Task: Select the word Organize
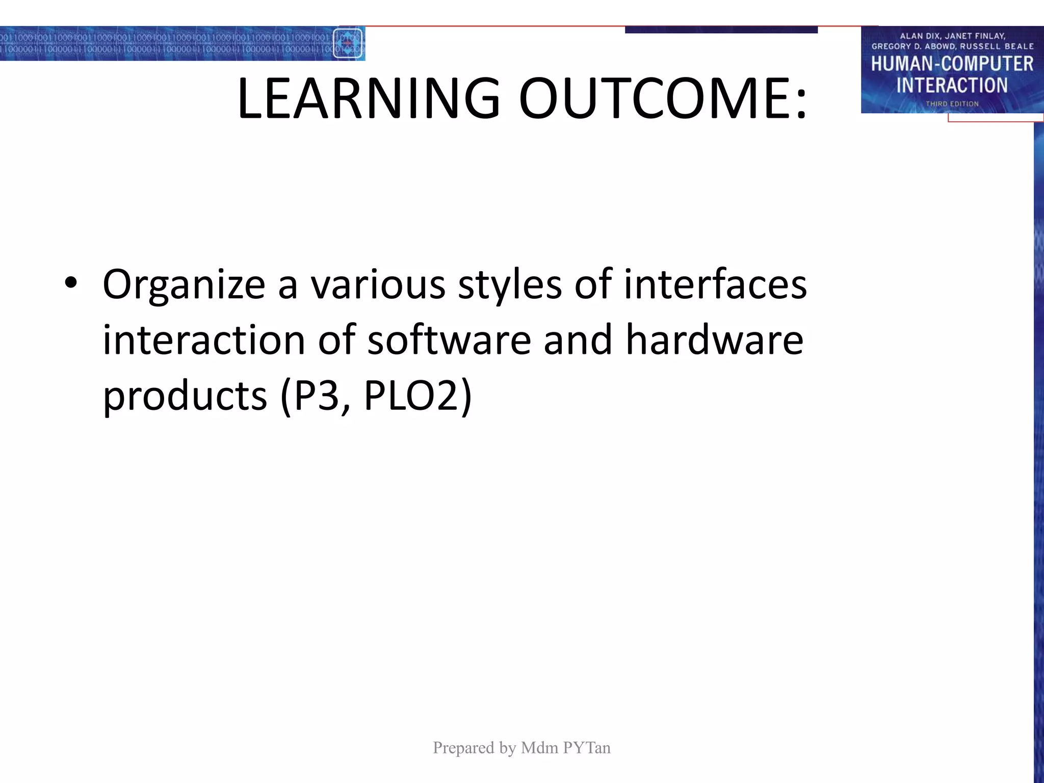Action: (x=184, y=284)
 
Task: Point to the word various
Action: (x=378, y=284)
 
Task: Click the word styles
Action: (x=509, y=284)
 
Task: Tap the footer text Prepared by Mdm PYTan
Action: (x=521, y=748)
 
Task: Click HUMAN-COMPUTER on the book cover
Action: (x=952, y=64)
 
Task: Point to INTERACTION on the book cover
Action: (x=952, y=85)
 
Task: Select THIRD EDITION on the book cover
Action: (x=952, y=104)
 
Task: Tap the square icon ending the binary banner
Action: (x=348, y=43)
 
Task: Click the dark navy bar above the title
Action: (x=721, y=30)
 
